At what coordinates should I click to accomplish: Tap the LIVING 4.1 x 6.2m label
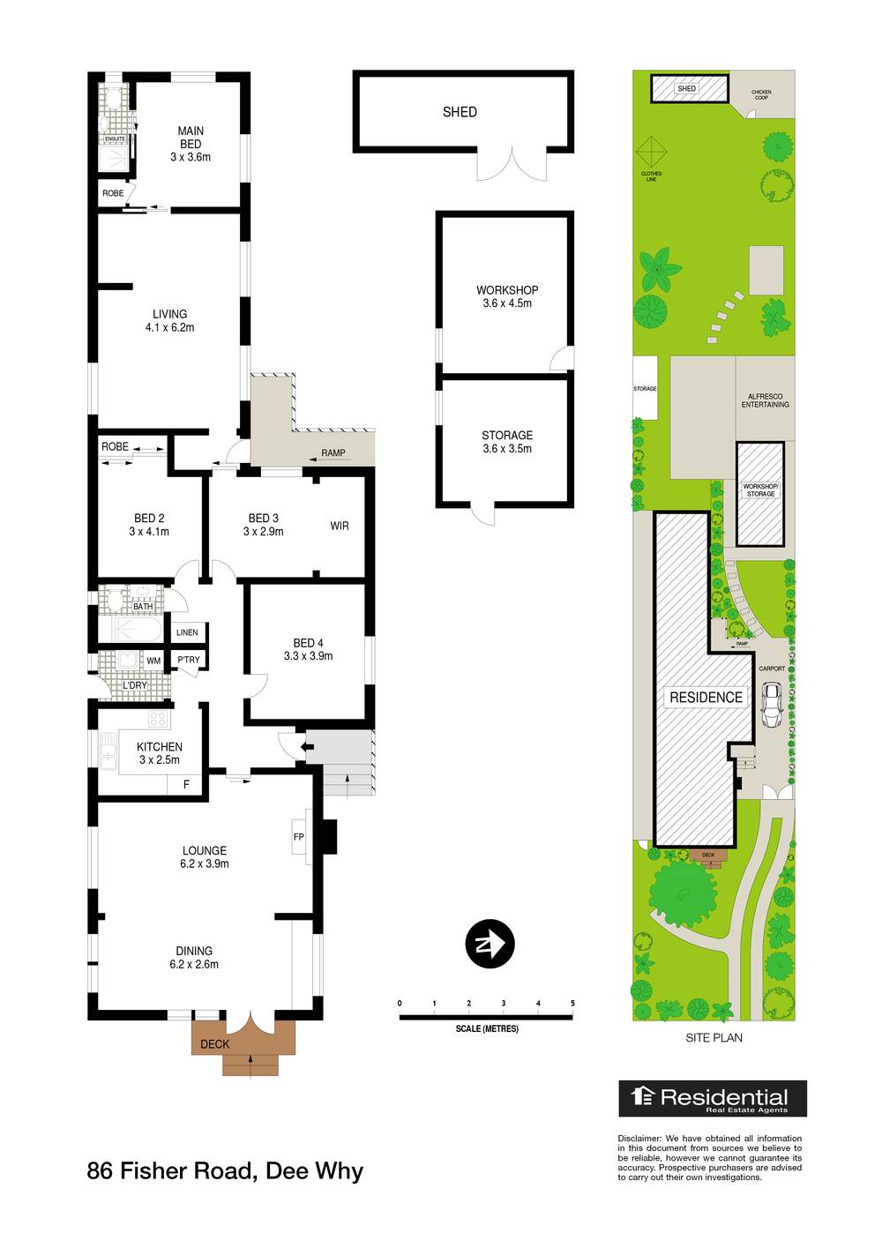click(169, 320)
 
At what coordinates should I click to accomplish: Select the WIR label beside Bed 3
click(340, 526)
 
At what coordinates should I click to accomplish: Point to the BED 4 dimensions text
click(308, 656)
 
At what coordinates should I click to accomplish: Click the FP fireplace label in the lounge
click(298, 836)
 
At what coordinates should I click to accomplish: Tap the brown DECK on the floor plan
click(215, 1044)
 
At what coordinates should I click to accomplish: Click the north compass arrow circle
click(490, 945)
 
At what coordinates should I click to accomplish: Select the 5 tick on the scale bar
click(572, 1004)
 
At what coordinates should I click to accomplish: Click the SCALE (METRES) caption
click(487, 1029)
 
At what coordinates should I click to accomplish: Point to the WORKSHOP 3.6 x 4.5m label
click(507, 296)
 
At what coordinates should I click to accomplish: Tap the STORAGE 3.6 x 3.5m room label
click(507, 442)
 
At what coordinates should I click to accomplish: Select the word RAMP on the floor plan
click(333, 453)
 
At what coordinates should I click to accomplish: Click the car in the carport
click(772, 705)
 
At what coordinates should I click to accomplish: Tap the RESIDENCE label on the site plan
click(706, 697)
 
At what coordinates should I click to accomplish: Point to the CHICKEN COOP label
click(760, 94)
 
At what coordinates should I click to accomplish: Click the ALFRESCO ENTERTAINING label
click(765, 400)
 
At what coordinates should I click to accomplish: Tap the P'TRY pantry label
click(189, 660)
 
